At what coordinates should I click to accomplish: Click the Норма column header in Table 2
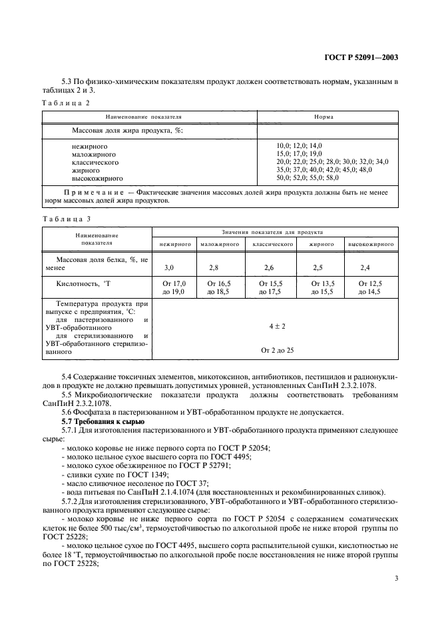pyautogui.click(x=324, y=117)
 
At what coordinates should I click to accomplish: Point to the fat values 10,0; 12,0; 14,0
pyautogui.click(x=299, y=145)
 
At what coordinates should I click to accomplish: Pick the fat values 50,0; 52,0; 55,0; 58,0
pyautogui.click(x=308, y=178)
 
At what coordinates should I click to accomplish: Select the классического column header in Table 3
pyautogui.click(x=273, y=245)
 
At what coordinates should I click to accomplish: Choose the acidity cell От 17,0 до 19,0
pyautogui.click(x=174, y=288)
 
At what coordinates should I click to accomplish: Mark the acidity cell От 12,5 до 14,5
pyautogui.click(x=370, y=288)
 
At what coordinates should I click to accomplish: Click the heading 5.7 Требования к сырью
pyautogui.click(x=102, y=422)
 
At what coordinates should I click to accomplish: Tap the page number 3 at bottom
pyautogui.click(x=396, y=579)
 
